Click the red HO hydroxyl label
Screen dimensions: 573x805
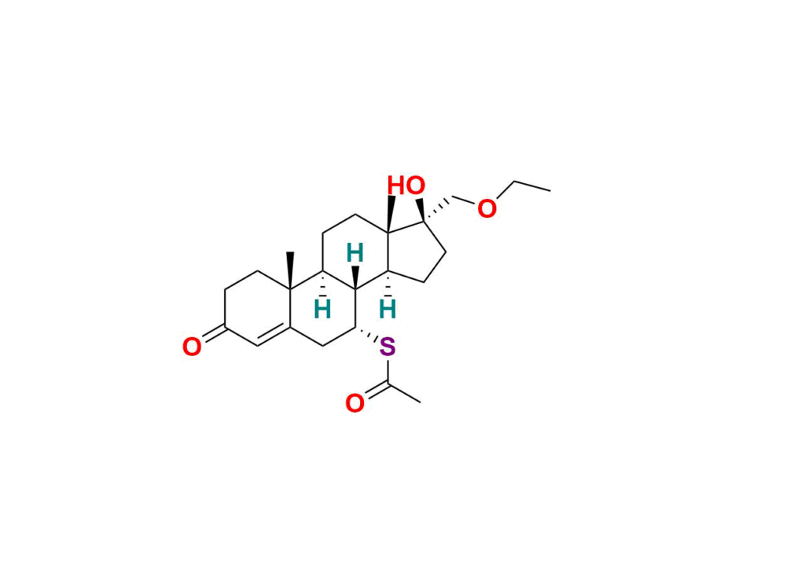pos(406,186)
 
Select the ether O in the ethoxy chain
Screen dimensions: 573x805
pos(487,209)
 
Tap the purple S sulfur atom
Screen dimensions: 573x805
pos(387,346)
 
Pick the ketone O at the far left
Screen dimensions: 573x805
pos(191,347)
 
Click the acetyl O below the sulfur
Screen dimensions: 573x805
pos(355,403)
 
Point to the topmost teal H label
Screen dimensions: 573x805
pos(355,253)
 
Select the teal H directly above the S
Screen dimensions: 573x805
pos(387,308)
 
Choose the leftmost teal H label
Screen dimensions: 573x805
pos(322,308)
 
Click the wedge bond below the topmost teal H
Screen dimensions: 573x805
pos(356,277)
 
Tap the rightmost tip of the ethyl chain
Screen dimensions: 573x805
pos(550,189)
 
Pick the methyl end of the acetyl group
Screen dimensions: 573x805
pos(421,402)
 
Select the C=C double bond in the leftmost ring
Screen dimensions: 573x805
pos(274,336)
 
